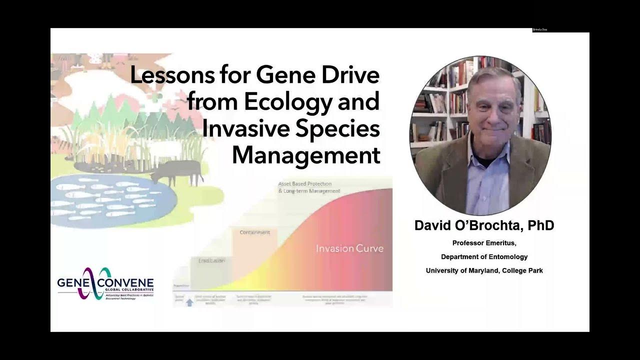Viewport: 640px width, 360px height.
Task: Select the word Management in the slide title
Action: point(306,155)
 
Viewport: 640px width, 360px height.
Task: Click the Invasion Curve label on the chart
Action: point(349,248)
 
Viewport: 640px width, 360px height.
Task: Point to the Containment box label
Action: point(254,232)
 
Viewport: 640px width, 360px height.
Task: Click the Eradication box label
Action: point(211,261)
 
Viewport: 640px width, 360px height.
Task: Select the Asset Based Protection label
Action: point(305,184)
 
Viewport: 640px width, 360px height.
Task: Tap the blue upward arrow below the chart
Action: point(189,302)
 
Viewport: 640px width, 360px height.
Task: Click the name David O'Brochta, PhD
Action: point(483,226)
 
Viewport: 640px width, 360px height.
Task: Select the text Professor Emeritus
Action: point(483,243)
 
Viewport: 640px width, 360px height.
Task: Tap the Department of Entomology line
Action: point(483,257)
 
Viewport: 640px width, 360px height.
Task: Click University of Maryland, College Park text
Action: point(483,270)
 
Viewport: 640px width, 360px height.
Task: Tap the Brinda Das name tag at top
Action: point(540,30)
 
